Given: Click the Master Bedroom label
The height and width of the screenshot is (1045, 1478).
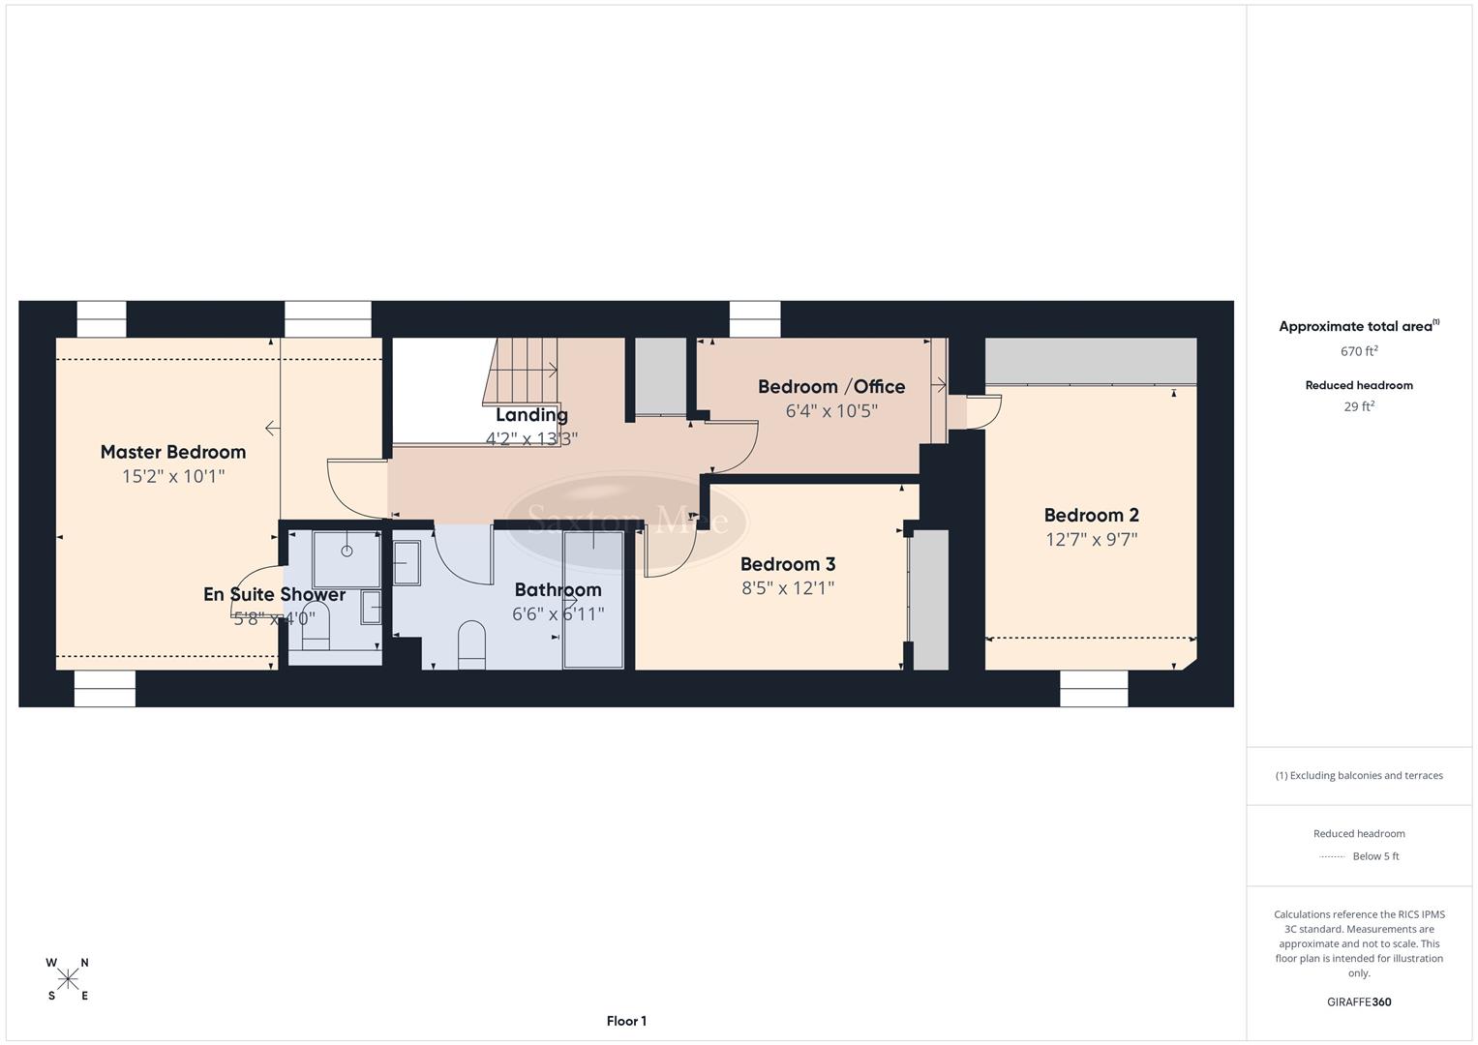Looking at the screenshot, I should [x=173, y=452].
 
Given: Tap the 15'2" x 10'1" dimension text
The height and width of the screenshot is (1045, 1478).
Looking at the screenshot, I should [x=173, y=476].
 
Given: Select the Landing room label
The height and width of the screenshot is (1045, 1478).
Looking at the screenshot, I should [x=531, y=415].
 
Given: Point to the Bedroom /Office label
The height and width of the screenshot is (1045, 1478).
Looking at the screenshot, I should [x=831, y=387].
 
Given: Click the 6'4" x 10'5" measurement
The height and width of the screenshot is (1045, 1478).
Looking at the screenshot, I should [x=831, y=411].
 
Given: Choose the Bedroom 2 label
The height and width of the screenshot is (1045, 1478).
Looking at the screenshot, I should [x=1091, y=516].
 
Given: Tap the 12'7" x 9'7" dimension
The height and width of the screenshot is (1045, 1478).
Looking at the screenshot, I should [x=1091, y=540].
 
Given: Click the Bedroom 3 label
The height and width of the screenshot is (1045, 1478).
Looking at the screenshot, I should [x=788, y=564].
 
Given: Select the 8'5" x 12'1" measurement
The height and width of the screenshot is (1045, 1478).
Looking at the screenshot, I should [x=788, y=588].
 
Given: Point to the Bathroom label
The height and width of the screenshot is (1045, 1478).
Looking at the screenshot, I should [x=558, y=589].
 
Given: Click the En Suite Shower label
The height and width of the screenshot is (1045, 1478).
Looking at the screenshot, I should [x=274, y=594].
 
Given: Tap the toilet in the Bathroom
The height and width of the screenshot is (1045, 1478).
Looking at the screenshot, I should [x=470, y=643].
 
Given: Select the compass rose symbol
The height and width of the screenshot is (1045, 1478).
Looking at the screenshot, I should [x=68, y=979].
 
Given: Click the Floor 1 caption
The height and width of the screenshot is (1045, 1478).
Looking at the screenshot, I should [x=626, y=1021].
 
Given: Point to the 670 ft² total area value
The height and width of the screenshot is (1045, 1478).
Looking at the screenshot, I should [x=1359, y=351].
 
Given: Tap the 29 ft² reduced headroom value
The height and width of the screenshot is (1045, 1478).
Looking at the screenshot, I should [x=1359, y=406].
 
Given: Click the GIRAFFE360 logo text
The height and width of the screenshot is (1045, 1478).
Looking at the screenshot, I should [x=1359, y=1002].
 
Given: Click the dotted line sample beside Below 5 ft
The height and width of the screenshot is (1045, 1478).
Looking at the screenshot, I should [x=1333, y=856].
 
